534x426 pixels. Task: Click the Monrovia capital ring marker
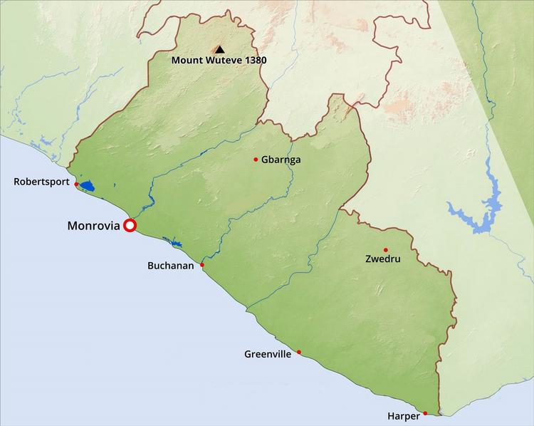(130, 226)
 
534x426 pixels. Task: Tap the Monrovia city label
(93, 226)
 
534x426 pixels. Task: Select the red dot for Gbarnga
(256, 159)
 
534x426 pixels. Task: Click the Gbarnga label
(281, 160)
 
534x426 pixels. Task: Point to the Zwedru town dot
(386, 250)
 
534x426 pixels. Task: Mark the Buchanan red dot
(202, 265)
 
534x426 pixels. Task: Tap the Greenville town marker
(299, 352)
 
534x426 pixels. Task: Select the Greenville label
(268, 354)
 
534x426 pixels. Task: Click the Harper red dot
(425, 413)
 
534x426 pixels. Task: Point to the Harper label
(403, 415)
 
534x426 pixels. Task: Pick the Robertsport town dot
(76, 184)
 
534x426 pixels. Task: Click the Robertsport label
(41, 182)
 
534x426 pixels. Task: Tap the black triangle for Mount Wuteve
(219, 49)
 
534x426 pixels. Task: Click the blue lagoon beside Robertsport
(87, 187)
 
